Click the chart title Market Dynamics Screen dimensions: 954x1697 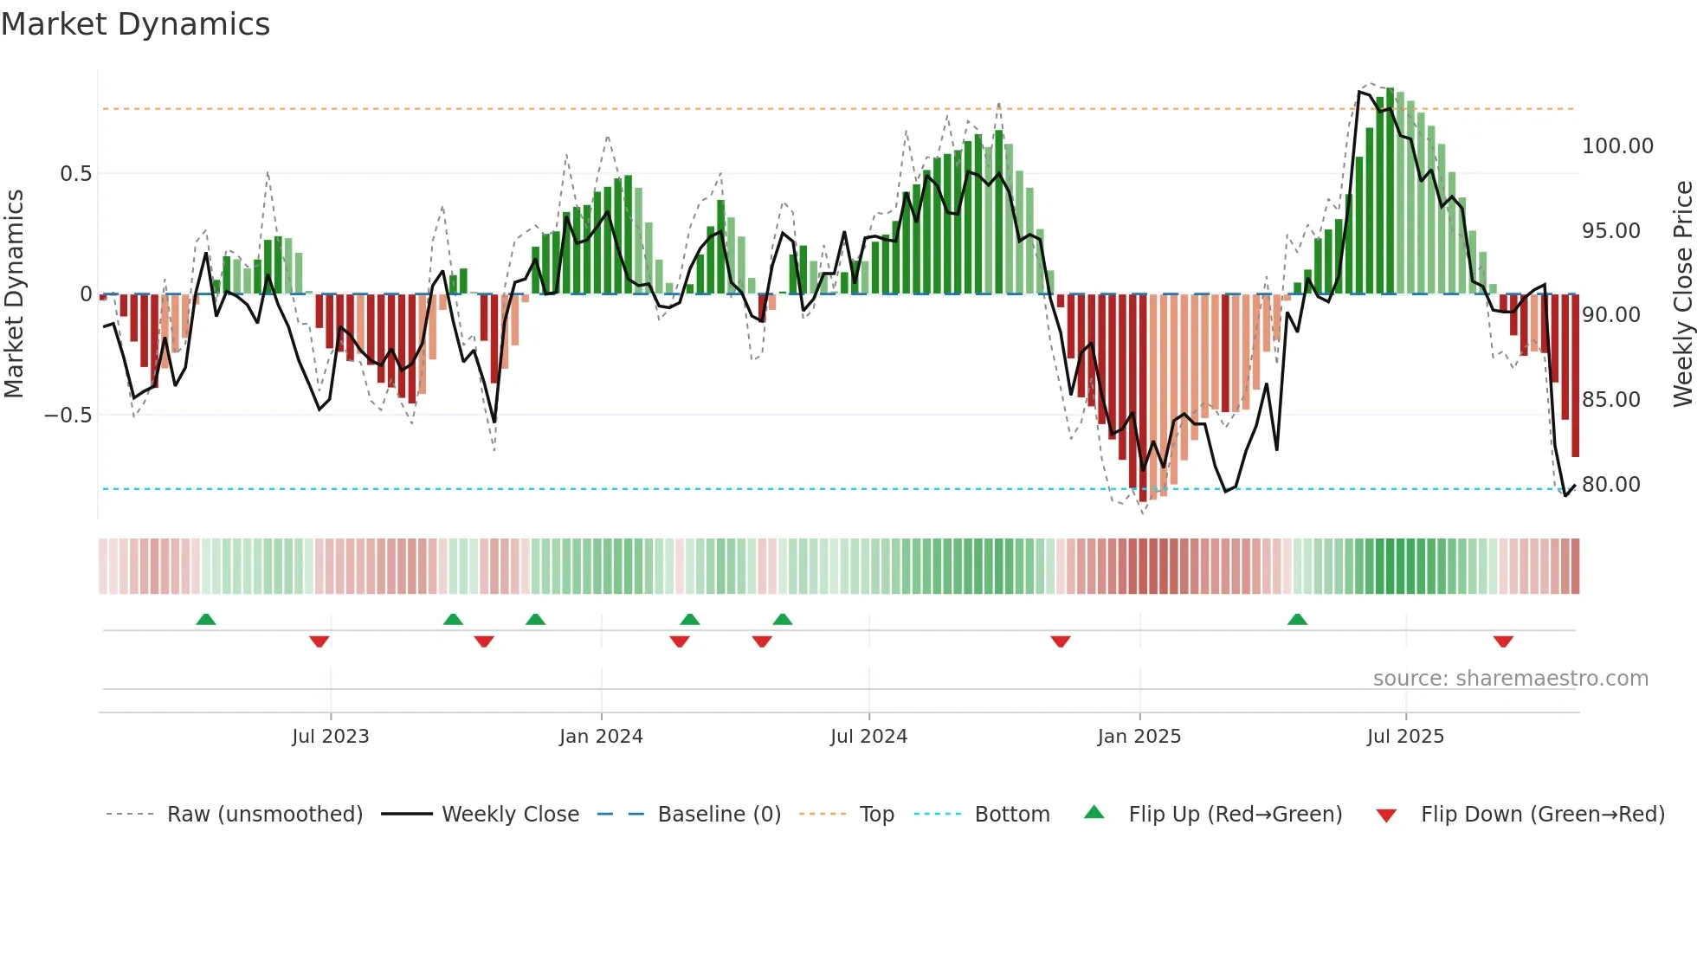[x=135, y=24]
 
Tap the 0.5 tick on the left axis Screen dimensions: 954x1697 [x=75, y=174]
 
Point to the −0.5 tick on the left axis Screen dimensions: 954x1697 [x=68, y=416]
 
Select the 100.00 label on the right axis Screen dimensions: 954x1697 [x=1617, y=146]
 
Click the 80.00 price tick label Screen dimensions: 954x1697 [x=1610, y=485]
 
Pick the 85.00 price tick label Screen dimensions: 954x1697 [x=1610, y=400]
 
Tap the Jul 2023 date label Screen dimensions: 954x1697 [x=330, y=737]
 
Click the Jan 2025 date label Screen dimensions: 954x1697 [x=1139, y=737]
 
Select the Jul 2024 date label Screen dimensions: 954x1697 [x=868, y=737]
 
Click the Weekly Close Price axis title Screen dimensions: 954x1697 [x=1682, y=294]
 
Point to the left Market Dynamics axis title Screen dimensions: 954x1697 [x=14, y=294]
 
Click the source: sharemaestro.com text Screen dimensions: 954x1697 [x=1510, y=679]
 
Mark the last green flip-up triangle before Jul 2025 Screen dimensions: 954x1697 [x=1297, y=620]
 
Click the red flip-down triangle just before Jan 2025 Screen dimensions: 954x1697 [x=1061, y=641]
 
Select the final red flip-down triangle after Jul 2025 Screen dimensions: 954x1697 [x=1503, y=641]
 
